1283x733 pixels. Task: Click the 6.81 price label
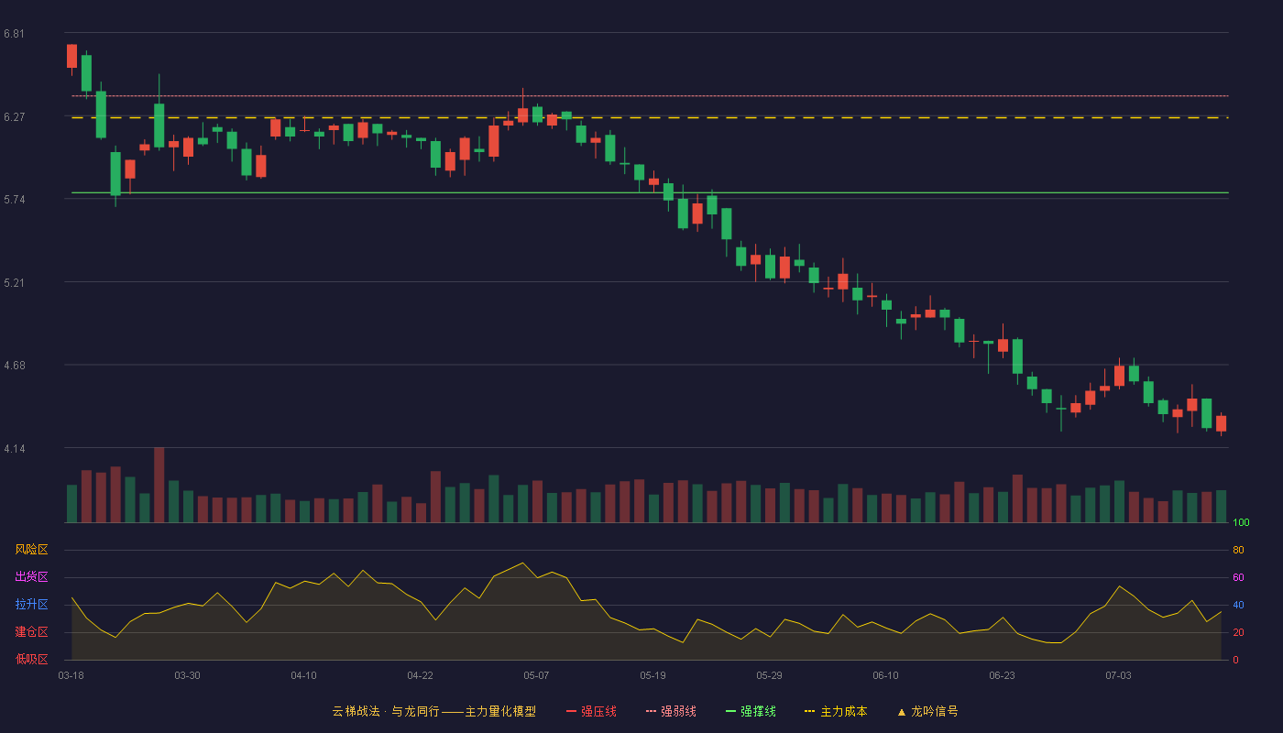15,34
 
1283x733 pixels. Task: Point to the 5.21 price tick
15,283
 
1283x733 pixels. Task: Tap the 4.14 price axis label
15,449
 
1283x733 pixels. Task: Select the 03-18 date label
71,676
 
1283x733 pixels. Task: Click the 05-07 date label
536,676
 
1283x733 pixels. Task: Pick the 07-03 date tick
1118,676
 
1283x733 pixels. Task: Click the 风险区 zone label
31,550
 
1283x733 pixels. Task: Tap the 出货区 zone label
31,576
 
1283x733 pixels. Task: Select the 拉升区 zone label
31,604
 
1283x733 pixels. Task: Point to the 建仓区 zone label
31,631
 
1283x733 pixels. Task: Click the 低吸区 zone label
31,659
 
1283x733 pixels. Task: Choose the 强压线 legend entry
591,711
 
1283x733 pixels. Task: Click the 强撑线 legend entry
751,711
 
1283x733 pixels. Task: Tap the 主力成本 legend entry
836,711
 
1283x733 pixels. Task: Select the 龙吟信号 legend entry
927,711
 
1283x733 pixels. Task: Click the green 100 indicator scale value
1241,522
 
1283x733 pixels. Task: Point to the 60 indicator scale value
1238,577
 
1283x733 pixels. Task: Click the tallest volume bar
159,485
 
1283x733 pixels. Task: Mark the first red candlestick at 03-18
71,56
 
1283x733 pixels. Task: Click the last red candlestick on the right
1221,423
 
